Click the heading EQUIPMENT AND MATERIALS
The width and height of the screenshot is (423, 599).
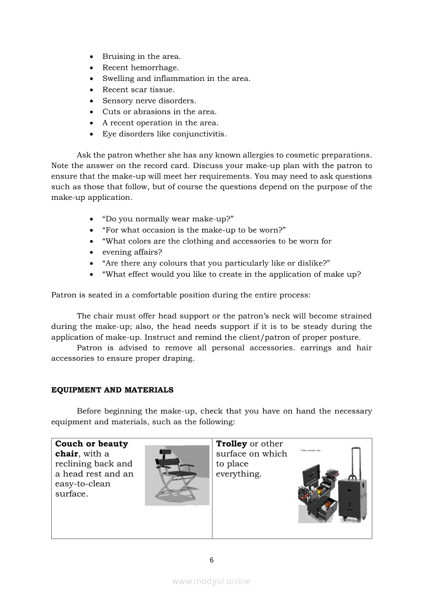click(x=112, y=390)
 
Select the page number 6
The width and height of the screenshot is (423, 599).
click(x=211, y=560)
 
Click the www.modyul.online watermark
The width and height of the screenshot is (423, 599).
click(x=211, y=581)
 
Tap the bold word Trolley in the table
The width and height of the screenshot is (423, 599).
click(x=231, y=444)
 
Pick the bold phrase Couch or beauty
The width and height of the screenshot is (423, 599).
click(x=92, y=444)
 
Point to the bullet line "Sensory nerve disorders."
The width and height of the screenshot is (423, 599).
click(x=149, y=101)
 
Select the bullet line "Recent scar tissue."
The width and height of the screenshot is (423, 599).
click(x=138, y=90)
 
